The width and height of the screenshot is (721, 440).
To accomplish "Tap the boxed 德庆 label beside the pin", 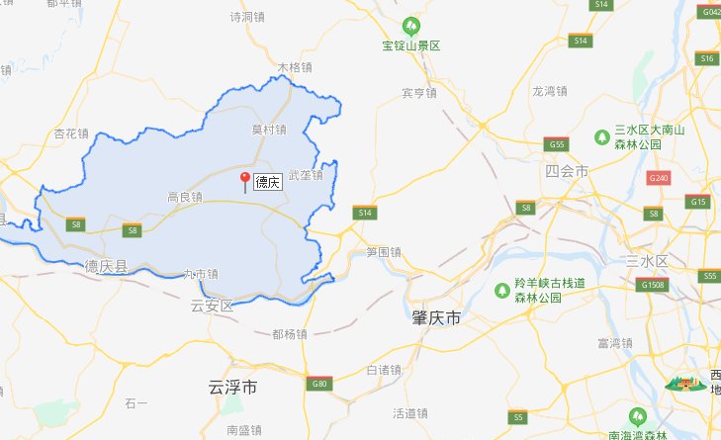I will point(268,182).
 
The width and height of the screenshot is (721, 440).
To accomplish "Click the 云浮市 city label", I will point(233,387).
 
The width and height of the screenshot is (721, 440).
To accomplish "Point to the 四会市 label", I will point(567,171).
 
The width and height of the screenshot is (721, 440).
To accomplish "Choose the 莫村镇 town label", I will point(268,130).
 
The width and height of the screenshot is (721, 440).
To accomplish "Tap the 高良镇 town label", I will point(185,197).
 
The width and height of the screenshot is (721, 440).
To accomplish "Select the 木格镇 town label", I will point(295,68).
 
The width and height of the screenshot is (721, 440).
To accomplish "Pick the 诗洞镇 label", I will point(247,17).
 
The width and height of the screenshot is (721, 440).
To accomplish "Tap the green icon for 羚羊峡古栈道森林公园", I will point(501,289).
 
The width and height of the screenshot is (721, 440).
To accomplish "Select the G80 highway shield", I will point(318,383).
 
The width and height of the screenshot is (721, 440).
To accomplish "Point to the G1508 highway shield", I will point(653,285).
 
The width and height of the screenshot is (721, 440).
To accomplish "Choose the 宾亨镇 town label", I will point(419,93).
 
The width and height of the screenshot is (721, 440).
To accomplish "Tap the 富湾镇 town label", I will point(614,343).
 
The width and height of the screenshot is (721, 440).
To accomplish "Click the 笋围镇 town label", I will point(384,252).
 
